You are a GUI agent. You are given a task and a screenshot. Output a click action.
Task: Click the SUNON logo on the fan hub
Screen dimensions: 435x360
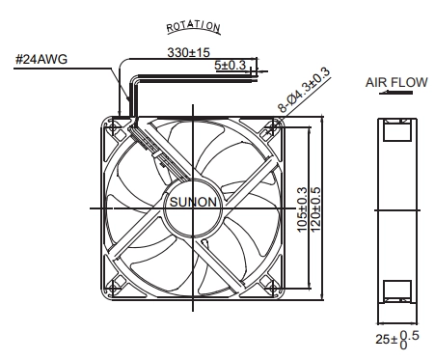click(193, 202)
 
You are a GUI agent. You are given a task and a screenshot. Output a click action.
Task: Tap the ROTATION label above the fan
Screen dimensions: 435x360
click(193, 27)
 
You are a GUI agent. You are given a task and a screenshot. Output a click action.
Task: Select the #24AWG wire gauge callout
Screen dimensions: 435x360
click(41, 59)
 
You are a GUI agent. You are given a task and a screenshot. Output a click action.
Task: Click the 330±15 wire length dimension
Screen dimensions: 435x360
click(188, 52)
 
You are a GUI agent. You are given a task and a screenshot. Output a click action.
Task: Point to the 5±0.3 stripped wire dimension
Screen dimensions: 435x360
click(230, 66)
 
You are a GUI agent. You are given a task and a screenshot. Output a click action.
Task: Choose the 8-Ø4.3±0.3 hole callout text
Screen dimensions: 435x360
click(304, 90)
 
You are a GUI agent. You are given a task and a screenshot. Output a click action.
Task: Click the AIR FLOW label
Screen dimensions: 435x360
click(396, 82)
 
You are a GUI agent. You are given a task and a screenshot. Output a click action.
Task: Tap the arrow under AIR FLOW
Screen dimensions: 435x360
click(395, 93)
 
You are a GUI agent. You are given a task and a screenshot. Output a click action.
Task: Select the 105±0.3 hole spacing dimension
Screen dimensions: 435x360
click(302, 209)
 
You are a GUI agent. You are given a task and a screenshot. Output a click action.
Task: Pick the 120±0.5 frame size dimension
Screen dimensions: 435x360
click(315, 209)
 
